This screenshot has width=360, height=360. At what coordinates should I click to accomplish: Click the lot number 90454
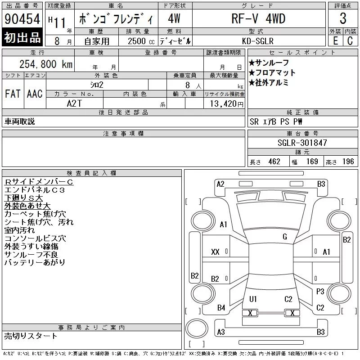click(x=22, y=19)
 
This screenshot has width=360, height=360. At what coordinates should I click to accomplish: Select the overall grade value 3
click(x=343, y=18)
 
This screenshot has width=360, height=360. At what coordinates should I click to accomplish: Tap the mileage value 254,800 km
click(x=46, y=64)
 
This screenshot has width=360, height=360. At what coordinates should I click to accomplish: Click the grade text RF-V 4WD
click(x=258, y=18)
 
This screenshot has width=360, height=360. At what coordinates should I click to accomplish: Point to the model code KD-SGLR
click(x=258, y=41)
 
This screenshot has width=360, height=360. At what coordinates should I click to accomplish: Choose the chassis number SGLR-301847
click(x=302, y=143)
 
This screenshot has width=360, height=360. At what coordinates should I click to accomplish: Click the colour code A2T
click(x=74, y=103)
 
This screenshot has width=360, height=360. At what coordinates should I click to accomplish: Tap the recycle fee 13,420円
click(x=227, y=104)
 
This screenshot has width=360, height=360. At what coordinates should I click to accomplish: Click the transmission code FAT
click(x=13, y=94)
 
